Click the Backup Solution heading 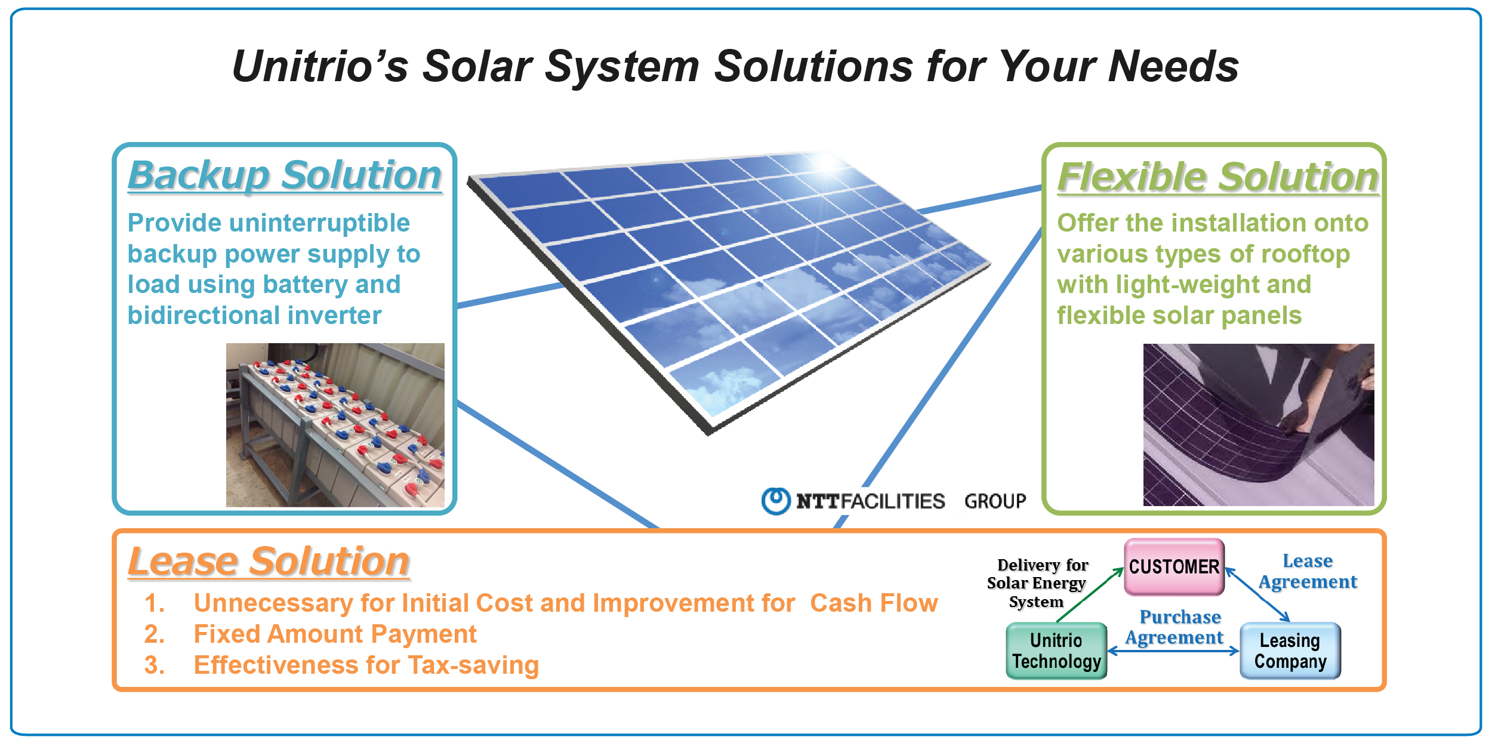285,176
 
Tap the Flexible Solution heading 1218,177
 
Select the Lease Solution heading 269,562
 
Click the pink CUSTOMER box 1174,566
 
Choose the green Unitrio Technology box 1056,651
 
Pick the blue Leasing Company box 1290,651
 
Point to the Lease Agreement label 1308,572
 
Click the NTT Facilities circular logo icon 776,501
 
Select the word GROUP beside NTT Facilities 995,501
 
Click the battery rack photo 335,425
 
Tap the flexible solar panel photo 1259,425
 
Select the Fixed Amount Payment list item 335,634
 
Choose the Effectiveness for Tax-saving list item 366,665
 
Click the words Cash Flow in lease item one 874,603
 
